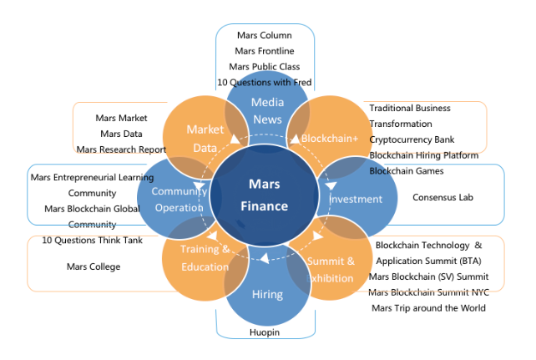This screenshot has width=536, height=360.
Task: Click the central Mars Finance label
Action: (x=269, y=195)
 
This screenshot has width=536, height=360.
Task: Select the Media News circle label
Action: (x=267, y=112)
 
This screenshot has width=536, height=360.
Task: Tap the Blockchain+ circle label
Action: (x=329, y=137)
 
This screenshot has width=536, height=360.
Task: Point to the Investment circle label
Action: (x=356, y=200)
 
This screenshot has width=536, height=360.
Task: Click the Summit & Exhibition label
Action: (x=333, y=269)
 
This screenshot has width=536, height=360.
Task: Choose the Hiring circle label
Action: (x=267, y=294)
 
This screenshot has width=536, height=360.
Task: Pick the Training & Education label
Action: (x=205, y=258)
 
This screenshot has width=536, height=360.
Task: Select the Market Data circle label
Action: (x=205, y=138)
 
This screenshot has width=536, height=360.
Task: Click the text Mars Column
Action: (x=263, y=36)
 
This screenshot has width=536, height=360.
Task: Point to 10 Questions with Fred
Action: (x=264, y=83)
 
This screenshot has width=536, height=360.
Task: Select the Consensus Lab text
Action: (x=443, y=198)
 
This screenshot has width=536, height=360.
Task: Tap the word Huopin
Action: (x=265, y=332)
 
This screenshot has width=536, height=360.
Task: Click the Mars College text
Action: (x=94, y=267)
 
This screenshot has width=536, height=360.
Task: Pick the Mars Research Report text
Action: (x=120, y=150)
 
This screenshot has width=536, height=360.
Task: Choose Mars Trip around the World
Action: (x=428, y=307)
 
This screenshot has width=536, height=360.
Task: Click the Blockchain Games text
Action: (x=408, y=171)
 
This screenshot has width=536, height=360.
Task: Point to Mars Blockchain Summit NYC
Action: (x=428, y=292)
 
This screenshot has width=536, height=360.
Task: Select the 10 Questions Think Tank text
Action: (x=92, y=241)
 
